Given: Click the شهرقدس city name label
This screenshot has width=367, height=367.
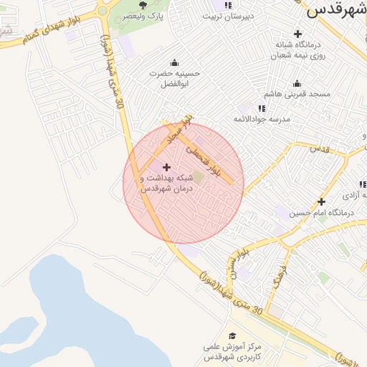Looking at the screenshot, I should (x=335, y=9).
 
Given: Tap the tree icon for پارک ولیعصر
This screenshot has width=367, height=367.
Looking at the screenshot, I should (x=143, y=6).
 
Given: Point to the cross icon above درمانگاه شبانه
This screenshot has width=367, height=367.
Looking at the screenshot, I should (x=297, y=34).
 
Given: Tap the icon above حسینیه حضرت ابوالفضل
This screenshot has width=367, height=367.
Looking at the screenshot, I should (x=175, y=62).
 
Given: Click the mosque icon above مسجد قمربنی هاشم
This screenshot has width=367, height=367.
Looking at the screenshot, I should (x=297, y=83).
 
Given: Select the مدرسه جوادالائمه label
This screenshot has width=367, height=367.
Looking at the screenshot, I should (x=262, y=118).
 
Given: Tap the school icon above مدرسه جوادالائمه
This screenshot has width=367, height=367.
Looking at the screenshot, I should (x=262, y=108).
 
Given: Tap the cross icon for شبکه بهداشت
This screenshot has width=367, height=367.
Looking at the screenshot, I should (x=167, y=167).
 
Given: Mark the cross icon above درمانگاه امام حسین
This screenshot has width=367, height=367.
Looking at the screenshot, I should (x=321, y=201).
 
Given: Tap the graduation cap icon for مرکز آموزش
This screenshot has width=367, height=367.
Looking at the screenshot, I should (x=232, y=335).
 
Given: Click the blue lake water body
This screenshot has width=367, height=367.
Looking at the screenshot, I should (x=65, y=308).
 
